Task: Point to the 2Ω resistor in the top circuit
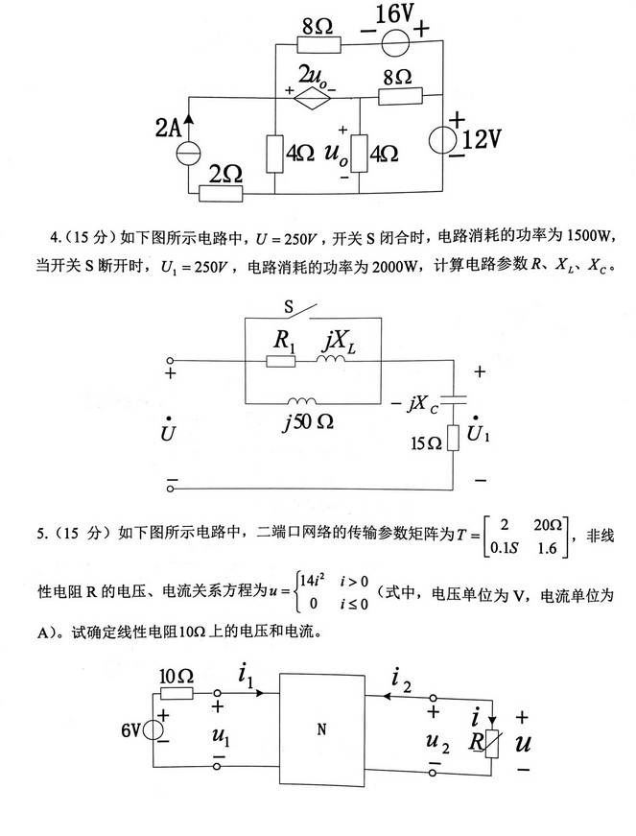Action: (x=222, y=194)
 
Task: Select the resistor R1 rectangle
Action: (x=281, y=360)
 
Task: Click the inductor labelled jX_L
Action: (x=331, y=360)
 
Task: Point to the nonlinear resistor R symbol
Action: (x=491, y=743)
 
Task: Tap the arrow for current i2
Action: (x=409, y=695)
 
